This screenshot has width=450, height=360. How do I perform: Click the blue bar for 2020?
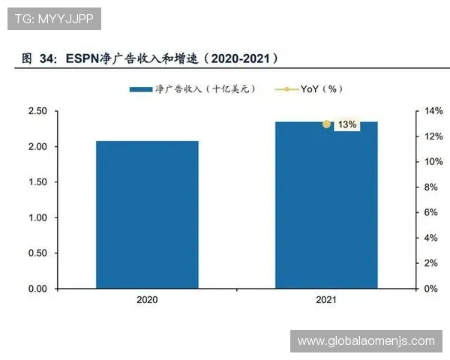(147, 214)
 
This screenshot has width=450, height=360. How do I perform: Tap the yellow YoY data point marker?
(326, 124)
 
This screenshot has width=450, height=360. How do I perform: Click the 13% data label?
(346, 124)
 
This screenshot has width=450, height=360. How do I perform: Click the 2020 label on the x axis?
(147, 300)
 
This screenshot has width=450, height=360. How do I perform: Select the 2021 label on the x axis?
(326, 300)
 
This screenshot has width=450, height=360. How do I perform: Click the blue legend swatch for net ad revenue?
(141, 89)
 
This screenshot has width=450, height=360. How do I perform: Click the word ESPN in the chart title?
(83, 58)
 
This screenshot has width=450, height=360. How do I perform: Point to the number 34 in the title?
(46, 58)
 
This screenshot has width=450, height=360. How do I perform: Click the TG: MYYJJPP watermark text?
(54, 19)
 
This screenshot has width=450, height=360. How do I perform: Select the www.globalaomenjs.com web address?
(366, 341)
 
